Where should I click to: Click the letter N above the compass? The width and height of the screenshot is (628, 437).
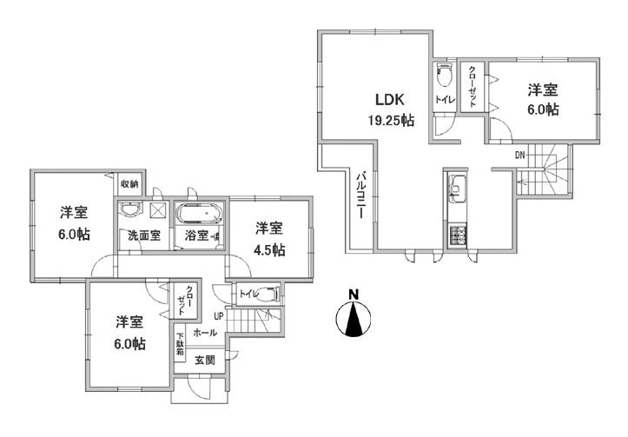tap(353, 295)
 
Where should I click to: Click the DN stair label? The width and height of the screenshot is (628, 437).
tap(520, 156)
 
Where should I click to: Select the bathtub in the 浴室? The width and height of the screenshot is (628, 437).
tap(201, 213)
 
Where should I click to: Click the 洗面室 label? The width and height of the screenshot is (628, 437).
tap(144, 235)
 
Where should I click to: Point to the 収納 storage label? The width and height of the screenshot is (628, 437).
tap(129, 184)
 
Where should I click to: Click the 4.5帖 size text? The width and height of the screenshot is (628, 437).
tap(268, 250)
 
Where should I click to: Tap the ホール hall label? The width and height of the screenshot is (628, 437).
tap(205, 333)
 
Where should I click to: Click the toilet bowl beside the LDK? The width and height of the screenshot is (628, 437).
tap(444, 75)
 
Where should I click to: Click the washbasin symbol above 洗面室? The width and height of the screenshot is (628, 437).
tap(130, 210)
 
